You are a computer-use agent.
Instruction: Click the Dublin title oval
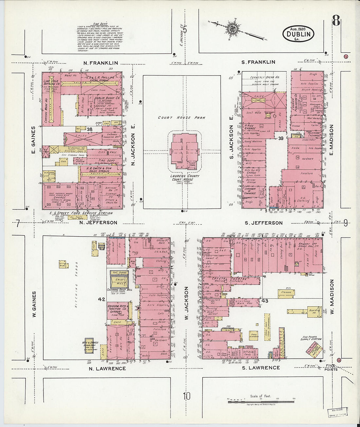[298, 34]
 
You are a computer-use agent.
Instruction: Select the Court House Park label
[181, 117]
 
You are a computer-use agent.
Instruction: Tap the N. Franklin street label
[100, 63]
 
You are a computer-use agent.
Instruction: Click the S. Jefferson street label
[263, 223]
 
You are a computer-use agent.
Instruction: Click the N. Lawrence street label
[107, 368]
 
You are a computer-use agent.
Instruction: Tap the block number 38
[89, 129]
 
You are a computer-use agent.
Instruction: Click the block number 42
[101, 299]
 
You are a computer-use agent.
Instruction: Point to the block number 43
[265, 301]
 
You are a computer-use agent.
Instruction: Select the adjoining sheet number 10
[186, 396]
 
